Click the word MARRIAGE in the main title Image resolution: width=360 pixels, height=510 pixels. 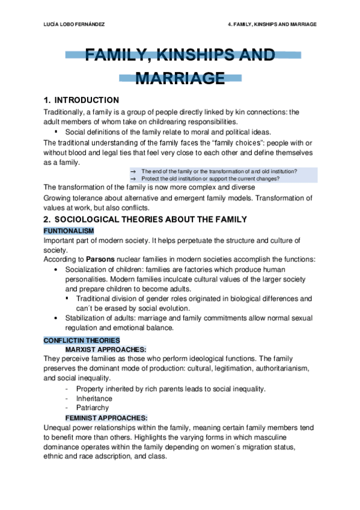[180, 78]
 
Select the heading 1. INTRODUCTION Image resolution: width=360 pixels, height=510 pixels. [82, 100]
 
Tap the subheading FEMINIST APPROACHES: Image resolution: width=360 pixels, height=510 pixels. [106, 418]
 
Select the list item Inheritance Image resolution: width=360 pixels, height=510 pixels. [94, 398]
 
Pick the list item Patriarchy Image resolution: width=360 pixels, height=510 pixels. [93, 408]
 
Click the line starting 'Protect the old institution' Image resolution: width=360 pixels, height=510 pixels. [210, 179]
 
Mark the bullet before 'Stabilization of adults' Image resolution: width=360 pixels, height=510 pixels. [56, 318]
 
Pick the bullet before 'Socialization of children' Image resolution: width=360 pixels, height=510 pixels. [56, 269]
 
